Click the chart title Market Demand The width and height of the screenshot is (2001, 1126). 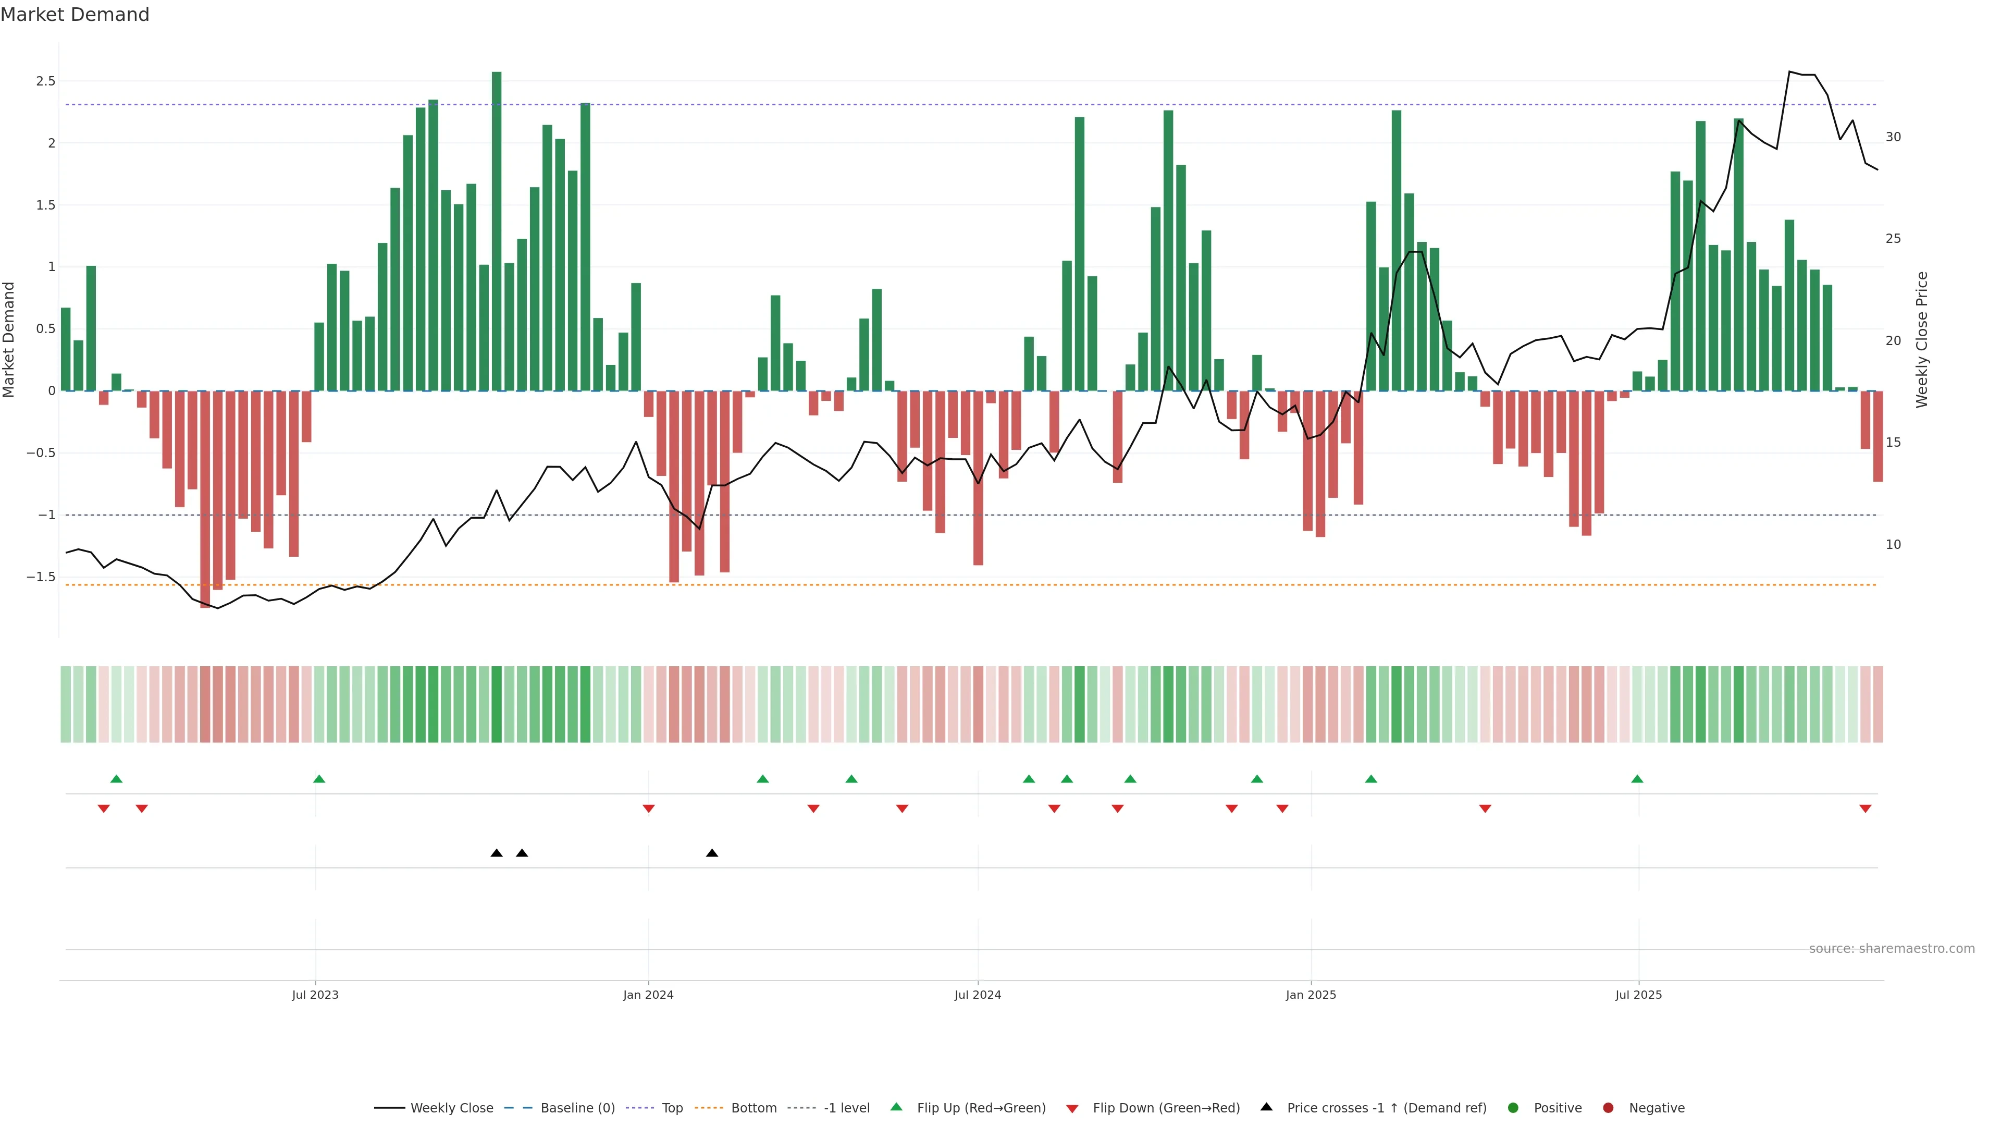click(75, 15)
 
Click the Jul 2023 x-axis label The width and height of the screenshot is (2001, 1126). click(315, 995)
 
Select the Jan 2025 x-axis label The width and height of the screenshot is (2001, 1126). click(1311, 995)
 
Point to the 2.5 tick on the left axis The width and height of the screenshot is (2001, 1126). click(46, 81)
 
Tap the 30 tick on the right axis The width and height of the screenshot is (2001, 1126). click(1893, 137)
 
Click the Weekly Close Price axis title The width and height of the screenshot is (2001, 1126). click(1922, 339)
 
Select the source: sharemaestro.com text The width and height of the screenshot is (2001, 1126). click(1892, 949)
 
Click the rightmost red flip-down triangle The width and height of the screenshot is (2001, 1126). click(1865, 809)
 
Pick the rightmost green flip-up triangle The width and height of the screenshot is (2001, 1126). click(1637, 779)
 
